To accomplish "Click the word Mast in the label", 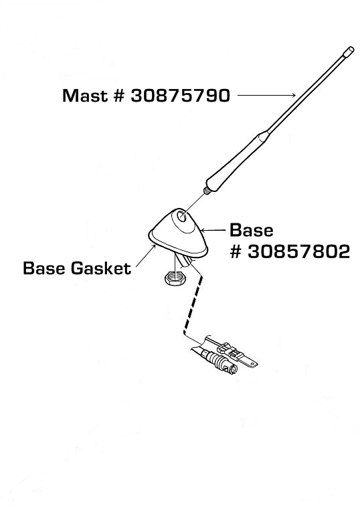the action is coord(85,96).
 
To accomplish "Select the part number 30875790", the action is coord(180,96).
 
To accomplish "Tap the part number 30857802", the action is coord(299,251).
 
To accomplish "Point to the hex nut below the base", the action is coord(173,278).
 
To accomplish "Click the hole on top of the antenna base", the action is coord(182,217).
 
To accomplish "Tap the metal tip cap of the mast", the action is coord(349,50).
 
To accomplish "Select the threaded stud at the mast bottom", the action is coord(207,191).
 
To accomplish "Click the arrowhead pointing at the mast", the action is coord(292,96).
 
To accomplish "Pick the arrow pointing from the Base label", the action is coord(214,230).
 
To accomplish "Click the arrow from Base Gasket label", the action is coord(146,255).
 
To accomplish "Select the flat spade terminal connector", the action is coord(238,356).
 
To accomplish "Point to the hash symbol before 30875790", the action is coord(119,96).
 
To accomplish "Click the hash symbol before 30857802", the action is coord(236,252).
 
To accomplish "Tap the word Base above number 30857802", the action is coord(252,230).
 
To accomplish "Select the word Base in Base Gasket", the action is coord(44,268).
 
